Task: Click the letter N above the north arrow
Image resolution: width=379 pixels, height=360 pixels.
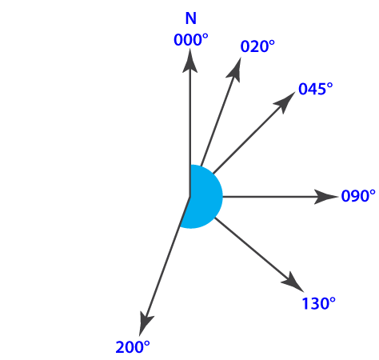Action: pos(191,18)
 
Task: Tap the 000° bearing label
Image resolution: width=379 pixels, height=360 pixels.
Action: pos(191,40)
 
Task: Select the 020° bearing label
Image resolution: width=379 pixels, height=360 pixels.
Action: pos(257,46)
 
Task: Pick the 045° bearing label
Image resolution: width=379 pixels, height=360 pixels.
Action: pos(316,89)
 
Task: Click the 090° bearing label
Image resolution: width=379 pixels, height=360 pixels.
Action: pos(358,196)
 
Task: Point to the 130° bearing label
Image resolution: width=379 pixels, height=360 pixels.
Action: pos(318,303)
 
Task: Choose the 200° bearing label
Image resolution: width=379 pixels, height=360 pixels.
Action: pos(133,347)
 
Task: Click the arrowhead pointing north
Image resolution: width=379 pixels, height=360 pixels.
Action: pos(189,61)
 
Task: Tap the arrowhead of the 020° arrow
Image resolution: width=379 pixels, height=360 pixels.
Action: pos(234,70)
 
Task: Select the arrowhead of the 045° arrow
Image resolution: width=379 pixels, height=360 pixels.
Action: pos(285,102)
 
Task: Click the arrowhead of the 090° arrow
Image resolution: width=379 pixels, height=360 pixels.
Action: pos(326,197)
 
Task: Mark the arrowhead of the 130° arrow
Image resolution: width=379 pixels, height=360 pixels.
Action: pos(293,282)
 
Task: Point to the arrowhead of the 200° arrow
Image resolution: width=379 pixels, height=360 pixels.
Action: pos(146,323)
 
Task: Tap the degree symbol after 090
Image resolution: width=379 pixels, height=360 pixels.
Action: pos(373,193)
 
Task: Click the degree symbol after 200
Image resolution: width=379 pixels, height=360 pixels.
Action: pos(146,344)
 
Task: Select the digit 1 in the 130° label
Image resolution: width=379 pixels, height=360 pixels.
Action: pos(305,303)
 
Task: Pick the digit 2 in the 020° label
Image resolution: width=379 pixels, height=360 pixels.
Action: pos(257,46)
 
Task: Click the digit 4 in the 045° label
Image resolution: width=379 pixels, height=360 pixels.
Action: pos(316,89)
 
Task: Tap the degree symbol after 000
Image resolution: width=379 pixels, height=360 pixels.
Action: pos(205,37)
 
